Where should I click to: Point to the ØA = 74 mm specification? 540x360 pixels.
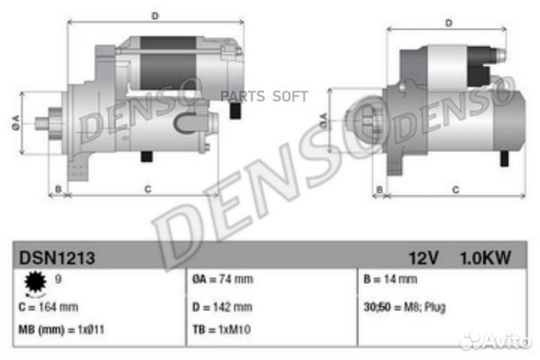pos(223,279)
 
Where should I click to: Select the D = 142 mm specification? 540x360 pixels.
pos(222,307)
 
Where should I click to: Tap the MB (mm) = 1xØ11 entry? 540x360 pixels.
pos(61,331)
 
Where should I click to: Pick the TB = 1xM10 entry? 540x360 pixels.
pos(220,331)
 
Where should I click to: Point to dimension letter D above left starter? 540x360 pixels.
pos(155,14)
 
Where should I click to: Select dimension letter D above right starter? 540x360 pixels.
pos(448,22)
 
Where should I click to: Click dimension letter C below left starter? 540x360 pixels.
pos(148,189)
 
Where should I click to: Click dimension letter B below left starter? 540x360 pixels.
pos(58,189)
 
